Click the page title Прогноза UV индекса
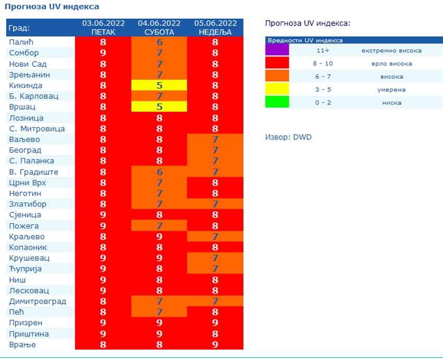(52, 7)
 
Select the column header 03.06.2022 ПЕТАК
(103, 28)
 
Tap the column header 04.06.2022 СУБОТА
(159, 28)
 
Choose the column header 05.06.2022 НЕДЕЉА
(215, 28)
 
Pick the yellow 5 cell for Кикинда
(159, 86)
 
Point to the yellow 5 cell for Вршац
(159, 107)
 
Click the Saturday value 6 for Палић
(159, 42)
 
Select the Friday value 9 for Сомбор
(103, 53)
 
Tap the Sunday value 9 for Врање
(215, 344)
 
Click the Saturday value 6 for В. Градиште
(159, 172)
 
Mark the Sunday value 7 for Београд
(215, 150)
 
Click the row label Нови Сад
(28, 64)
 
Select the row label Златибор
(28, 204)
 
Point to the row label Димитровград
(38, 301)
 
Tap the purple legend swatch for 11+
(277, 50)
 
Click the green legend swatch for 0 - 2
(277, 102)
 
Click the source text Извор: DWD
(288, 137)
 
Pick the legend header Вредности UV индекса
(305, 40)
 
